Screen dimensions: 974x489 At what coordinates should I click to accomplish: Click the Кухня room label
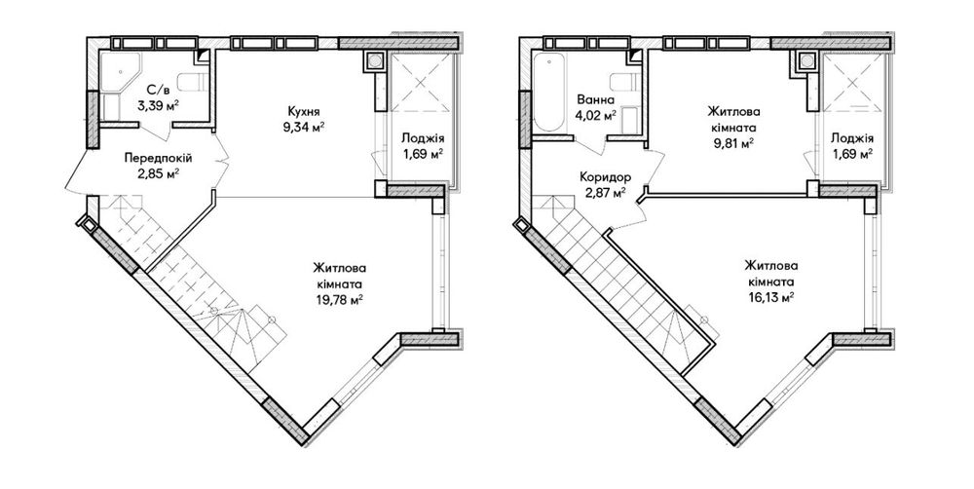tap(303, 112)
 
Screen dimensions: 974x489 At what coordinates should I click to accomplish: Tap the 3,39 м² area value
tap(158, 104)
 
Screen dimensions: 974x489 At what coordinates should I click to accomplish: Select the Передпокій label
tap(158, 159)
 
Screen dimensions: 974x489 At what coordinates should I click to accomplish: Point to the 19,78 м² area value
tap(338, 299)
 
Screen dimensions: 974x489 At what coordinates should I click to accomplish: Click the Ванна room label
tap(596, 100)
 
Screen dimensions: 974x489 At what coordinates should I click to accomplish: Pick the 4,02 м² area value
tap(596, 115)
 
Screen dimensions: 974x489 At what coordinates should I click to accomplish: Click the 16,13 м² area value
tap(771, 298)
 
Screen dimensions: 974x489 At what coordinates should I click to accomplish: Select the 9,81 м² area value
tap(733, 142)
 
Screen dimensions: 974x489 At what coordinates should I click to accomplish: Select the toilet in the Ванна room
tap(625, 82)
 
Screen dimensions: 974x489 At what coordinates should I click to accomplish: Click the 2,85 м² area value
tap(158, 173)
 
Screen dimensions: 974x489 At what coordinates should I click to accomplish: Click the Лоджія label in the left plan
tap(423, 138)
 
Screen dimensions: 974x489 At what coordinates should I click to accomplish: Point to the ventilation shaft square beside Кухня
tap(375, 61)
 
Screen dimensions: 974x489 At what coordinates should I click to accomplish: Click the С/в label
tap(158, 89)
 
